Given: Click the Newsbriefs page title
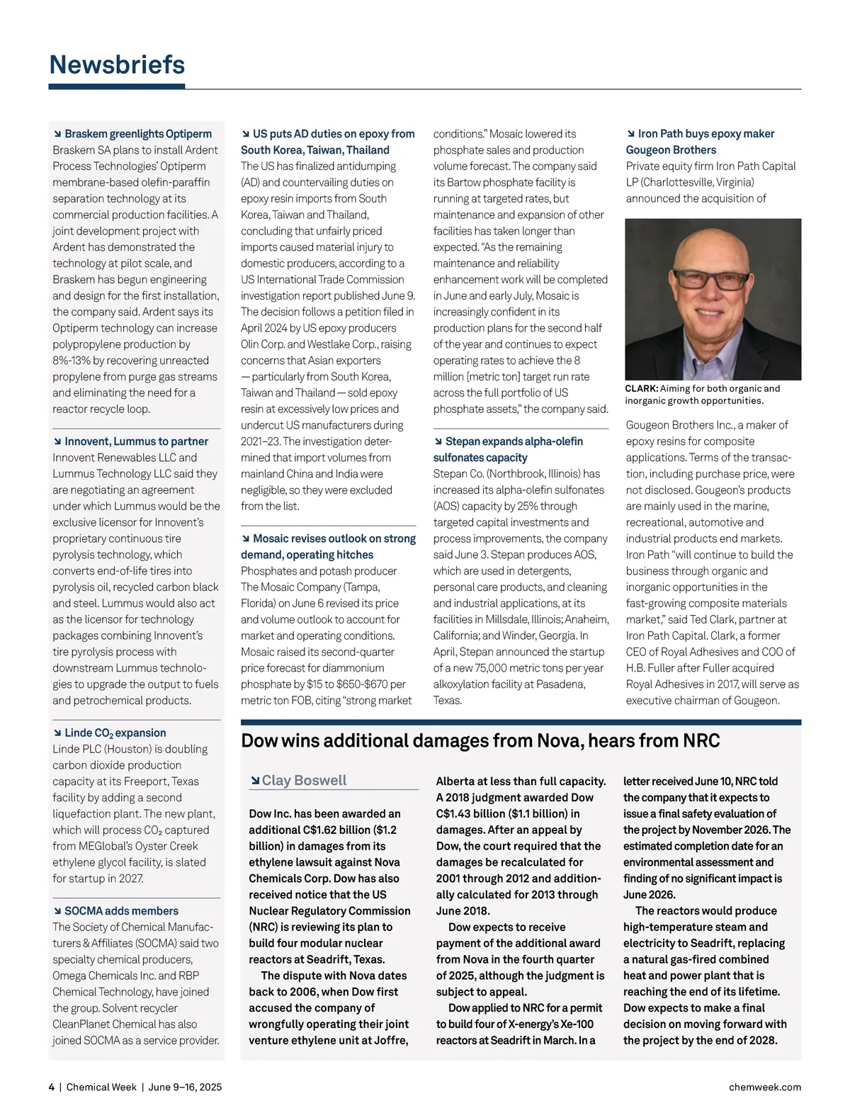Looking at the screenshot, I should (x=117, y=64).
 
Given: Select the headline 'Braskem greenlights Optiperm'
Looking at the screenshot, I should (x=137, y=134).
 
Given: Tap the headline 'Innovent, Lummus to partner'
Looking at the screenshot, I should (x=136, y=441).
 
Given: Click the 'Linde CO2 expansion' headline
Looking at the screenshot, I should (x=115, y=733).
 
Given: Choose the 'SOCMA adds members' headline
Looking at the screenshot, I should (x=121, y=911).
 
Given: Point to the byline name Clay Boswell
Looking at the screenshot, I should (x=304, y=780).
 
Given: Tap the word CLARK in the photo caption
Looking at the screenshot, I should (x=641, y=388).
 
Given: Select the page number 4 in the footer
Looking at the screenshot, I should (x=52, y=1087).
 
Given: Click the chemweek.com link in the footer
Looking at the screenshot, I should (x=765, y=1087).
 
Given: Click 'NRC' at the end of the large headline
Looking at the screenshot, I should (x=701, y=741).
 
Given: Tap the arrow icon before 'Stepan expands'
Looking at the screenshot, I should (x=438, y=441).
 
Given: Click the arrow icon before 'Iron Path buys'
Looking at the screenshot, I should (x=631, y=134).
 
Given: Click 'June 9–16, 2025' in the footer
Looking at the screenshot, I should (x=185, y=1087).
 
